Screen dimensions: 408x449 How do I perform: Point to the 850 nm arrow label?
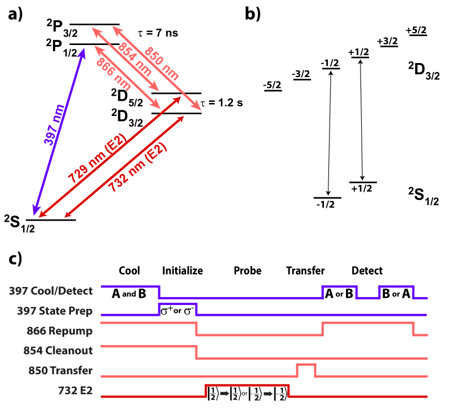(x=162, y=64)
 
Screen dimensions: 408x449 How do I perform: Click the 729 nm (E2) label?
(x=97, y=159)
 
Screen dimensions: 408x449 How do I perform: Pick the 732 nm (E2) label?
(x=138, y=168)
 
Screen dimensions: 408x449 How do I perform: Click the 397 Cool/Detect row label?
(x=51, y=291)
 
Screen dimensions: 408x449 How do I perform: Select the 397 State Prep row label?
(x=55, y=311)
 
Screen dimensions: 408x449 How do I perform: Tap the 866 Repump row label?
(x=60, y=331)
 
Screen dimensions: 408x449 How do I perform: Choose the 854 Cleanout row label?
(x=58, y=351)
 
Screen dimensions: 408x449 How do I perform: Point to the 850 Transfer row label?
(x=60, y=371)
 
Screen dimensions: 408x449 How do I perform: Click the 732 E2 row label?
(x=75, y=390)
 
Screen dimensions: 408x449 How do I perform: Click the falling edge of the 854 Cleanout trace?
(x=196, y=352)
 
